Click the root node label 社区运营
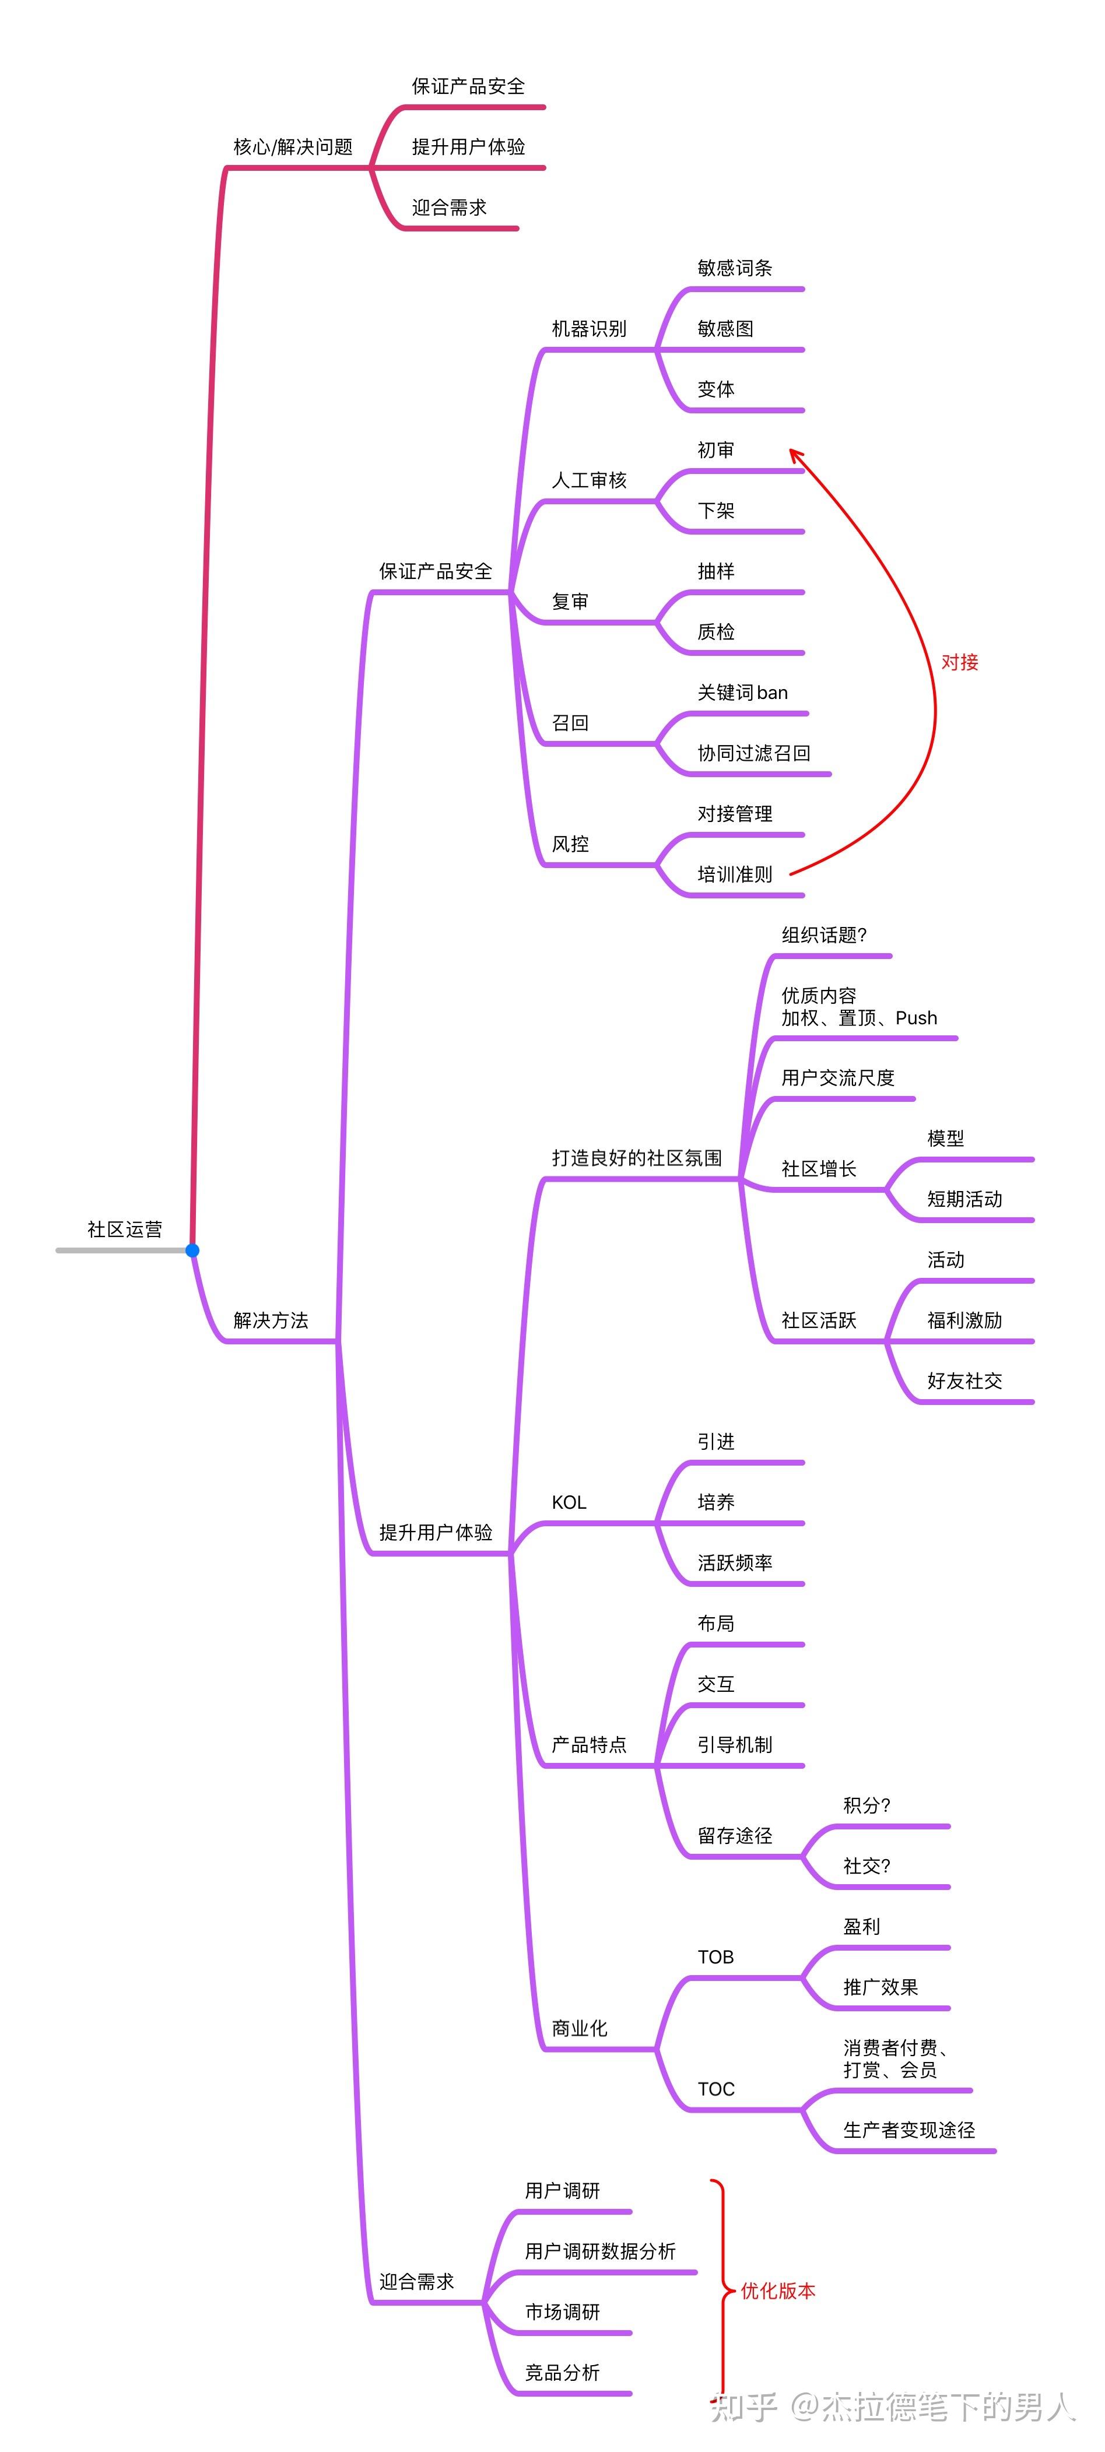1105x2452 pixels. tap(125, 1229)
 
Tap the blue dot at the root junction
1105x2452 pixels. tap(192, 1250)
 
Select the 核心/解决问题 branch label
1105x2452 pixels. tap(293, 146)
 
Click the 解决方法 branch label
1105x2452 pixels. tap(271, 1320)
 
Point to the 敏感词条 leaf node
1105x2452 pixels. tap(735, 268)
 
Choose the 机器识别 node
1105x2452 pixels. tap(589, 328)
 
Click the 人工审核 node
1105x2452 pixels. tap(589, 480)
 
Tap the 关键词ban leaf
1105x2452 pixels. tap(742, 692)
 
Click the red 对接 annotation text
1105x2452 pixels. tap(959, 662)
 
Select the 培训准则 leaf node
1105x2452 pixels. tap(735, 874)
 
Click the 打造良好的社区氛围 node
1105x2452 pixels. tap(637, 1157)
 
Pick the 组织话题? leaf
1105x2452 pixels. tap(824, 935)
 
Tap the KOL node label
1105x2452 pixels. tap(569, 1502)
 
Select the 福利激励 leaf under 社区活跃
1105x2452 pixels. tap(964, 1320)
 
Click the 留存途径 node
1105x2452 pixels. tap(735, 1835)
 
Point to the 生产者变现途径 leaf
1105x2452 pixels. tap(909, 2129)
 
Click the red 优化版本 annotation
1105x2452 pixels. tap(778, 2290)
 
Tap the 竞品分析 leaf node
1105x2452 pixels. tap(563, 2372)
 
